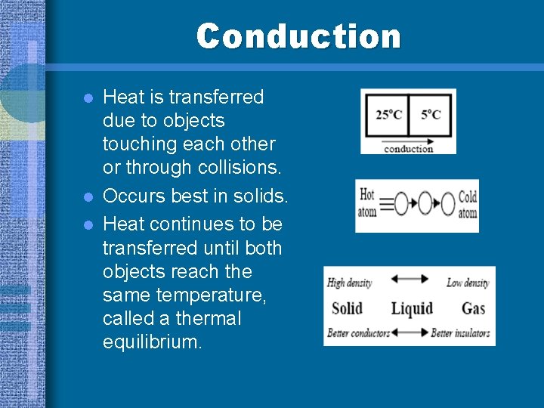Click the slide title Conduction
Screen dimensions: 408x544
pos(298,36)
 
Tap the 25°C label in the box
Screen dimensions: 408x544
pos(388,115)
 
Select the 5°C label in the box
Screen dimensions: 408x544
pos(431,115)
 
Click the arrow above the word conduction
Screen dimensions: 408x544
pos(408,141)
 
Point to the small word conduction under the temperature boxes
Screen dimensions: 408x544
pos(408,149)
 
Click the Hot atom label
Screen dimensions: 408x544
pos(367,203)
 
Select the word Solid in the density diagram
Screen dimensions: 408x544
pos(347,308)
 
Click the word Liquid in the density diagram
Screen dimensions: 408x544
pos(412,308)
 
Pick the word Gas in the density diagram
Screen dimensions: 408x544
pos(473,308)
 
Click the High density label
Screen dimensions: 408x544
pos(349,283)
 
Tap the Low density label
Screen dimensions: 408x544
pos(467,283)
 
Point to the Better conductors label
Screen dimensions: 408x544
pos(358,332)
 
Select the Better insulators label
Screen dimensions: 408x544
pos(460,332)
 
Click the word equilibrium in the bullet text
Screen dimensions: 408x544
pos(152,342)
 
